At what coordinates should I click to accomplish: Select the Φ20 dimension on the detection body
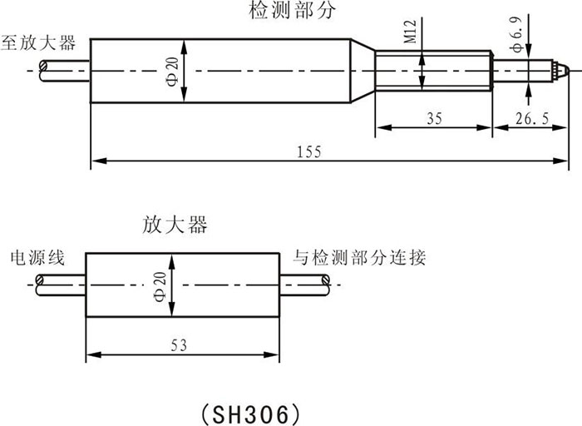tap(172, 71)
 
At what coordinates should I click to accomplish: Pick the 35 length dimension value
tap(433, 118)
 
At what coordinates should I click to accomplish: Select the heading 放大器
tap(175, 225)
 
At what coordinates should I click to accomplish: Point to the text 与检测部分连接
tap(359, 257)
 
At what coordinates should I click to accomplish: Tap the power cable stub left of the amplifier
tap(58, 285)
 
